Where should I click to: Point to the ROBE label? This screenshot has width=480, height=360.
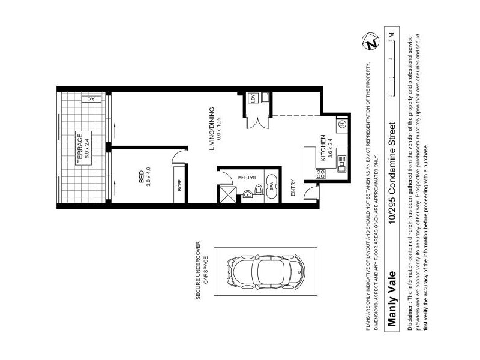[x=179, y=186]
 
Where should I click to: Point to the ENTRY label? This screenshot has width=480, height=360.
[x=293, y=188]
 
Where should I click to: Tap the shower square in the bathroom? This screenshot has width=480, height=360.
[x=229, y=193]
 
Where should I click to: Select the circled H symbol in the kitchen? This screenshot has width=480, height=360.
[x=341, y=124]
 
